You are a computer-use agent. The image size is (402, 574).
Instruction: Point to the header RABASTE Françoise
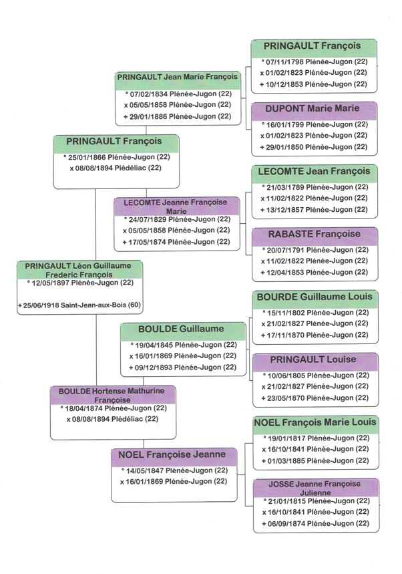point(315,234)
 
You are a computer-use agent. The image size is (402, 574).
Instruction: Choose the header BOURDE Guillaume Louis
point(315,297)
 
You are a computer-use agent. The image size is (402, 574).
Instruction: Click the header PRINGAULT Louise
point(315,360)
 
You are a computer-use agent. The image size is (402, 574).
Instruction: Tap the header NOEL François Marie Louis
point(315,422)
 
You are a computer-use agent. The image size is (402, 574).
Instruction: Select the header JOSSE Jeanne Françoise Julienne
point(315,486)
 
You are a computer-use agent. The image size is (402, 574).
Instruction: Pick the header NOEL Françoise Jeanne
point(174,455)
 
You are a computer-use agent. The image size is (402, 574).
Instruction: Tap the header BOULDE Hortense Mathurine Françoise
point(113,394)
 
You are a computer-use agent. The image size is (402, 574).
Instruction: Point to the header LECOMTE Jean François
point(315,171)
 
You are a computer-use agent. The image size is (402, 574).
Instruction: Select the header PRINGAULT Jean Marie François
point(178,77)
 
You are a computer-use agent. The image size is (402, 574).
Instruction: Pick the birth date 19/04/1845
point(182,345)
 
